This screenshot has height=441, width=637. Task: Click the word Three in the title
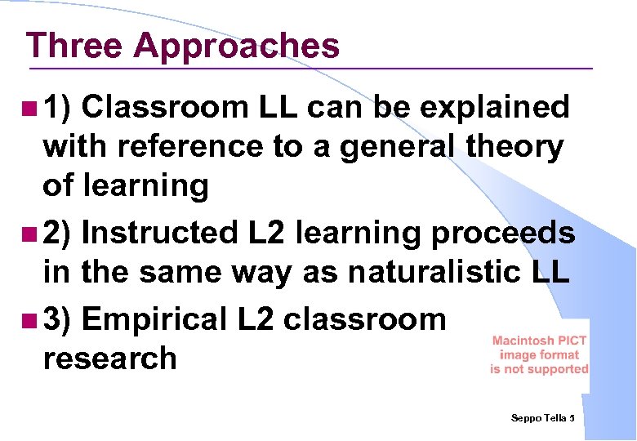point(73,46)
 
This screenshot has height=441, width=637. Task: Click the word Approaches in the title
point(236,47)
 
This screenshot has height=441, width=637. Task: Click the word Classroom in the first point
point(163,107)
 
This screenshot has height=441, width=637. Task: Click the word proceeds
point(501,234)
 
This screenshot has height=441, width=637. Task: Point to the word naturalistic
point(416,273)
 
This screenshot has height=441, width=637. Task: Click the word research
point(109,359)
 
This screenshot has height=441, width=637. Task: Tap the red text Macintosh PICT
point(539,341)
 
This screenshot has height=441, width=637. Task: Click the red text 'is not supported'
point(539,369)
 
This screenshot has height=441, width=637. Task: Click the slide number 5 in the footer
point(572,418)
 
